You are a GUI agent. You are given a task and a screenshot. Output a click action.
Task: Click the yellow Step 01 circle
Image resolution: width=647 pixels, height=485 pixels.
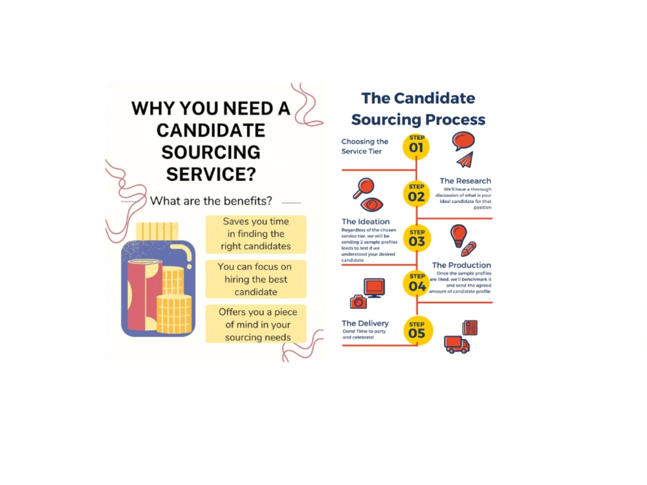pos(416,146)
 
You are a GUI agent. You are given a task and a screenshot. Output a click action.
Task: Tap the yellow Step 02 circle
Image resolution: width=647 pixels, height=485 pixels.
pos(416,194)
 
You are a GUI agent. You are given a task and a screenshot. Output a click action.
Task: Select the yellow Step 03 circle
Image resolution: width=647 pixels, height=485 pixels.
pos(417,239)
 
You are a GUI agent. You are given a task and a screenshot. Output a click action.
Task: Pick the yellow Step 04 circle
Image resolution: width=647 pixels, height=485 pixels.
pos(417,283)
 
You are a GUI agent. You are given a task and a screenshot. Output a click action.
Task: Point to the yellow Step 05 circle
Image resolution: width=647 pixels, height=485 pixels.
pos(417,330)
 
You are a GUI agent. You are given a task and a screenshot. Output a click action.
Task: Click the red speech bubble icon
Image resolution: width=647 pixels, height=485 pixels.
pos(463,141)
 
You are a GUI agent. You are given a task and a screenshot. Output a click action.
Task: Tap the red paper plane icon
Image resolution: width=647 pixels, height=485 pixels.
pos(465,160)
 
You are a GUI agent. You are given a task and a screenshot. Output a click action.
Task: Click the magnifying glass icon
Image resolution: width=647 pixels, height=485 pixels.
pos(364,189)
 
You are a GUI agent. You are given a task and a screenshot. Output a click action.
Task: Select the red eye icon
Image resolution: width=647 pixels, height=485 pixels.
pos(372,204)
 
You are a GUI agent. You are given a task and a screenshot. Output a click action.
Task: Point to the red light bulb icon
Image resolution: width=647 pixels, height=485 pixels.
pos(458,235)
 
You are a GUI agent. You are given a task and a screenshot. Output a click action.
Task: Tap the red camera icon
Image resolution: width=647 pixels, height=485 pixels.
pos(358,302)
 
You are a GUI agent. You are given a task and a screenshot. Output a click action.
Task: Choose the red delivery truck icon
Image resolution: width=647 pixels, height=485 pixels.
pos(456,345)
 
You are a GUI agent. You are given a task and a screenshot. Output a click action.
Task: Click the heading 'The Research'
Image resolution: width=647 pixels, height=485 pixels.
pos(465,181)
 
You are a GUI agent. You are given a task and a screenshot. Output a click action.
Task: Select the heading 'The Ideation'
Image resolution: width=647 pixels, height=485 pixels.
pos(366,221)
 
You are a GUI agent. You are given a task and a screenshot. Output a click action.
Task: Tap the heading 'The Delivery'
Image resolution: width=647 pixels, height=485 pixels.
pos(365,323)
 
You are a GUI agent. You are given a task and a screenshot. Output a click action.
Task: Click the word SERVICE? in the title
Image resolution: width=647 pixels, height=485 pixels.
pos(211,174)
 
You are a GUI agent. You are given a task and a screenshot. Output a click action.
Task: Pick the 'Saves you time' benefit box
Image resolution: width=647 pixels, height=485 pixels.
pos(256,234)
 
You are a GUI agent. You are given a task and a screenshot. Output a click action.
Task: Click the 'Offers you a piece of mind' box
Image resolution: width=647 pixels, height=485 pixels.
pos(256,324)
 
